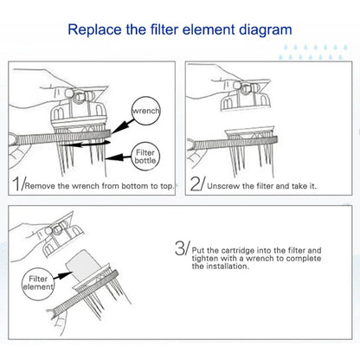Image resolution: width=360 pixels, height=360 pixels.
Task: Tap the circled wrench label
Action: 145,111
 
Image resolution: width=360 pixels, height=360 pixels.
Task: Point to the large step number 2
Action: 197,183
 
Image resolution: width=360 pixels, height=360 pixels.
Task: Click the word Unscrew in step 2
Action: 225,184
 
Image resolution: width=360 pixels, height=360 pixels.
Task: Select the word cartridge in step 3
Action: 227,249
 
